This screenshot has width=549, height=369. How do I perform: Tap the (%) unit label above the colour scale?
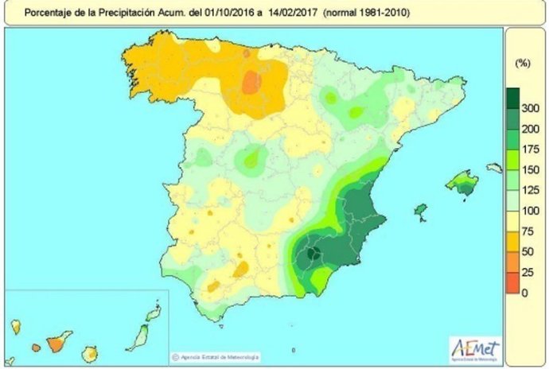[523, 61]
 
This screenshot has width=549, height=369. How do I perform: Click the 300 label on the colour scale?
[529, 108]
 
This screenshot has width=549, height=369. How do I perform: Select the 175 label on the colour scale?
[529, 149]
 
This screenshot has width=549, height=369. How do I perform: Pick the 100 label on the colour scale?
[529, 211]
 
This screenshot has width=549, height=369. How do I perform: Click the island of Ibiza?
[420, 212]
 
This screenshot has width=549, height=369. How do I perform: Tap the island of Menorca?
[495, 168]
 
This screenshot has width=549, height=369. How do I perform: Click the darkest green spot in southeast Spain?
[313, 254]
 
